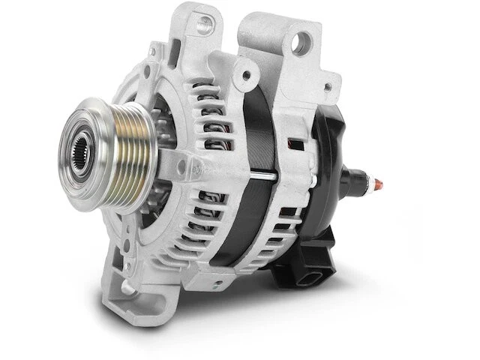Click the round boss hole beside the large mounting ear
point(244,73)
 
